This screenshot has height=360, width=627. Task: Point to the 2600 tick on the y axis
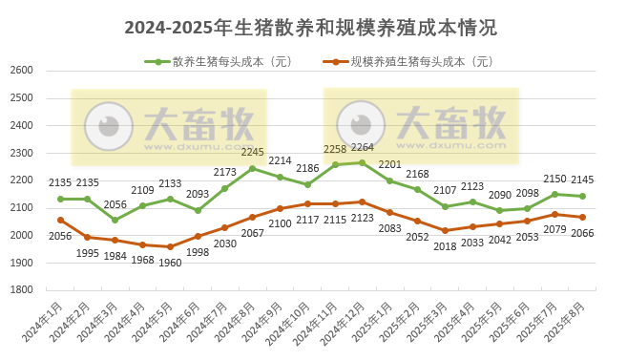pyautogui.click(x=22, y=71)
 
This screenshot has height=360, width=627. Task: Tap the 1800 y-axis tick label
pyautogui.click(x=22, y=290)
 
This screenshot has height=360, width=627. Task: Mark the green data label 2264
pyautogui.click(x=363, y=148)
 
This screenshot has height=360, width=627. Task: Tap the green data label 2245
pyautogui.click(x=253, y=153)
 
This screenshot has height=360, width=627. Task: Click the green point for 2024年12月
pyautogui.click(x=362, y=162)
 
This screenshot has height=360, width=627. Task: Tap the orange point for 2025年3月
pyautogui.click(x=445, y=230)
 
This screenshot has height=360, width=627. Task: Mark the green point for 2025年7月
pyautogui.click(x=554, y=194)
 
